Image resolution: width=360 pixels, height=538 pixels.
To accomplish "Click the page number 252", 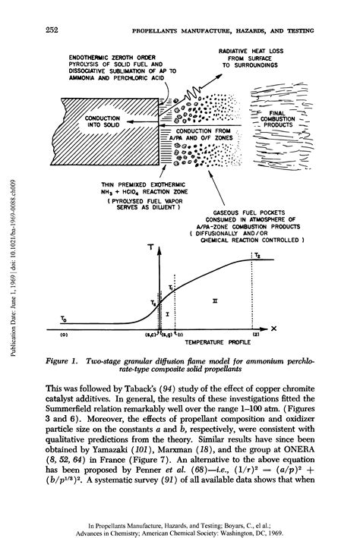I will [x=52, y=30].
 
